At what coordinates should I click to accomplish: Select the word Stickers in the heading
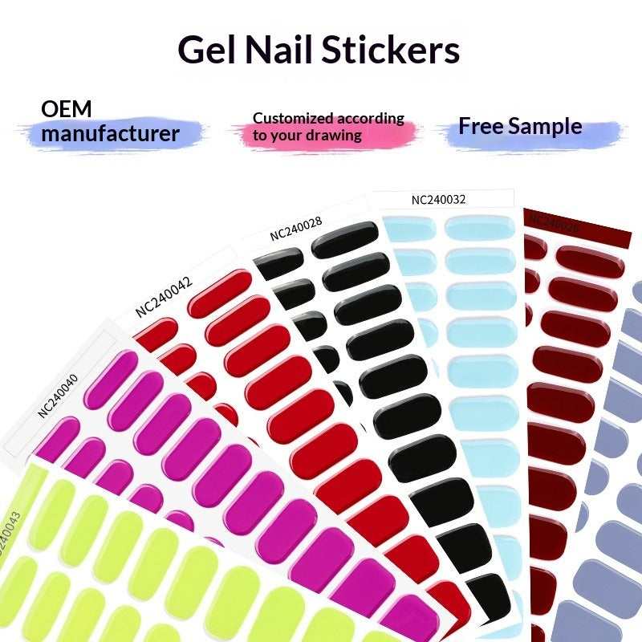pos(391,50)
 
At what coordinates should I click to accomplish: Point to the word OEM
pos(67,109)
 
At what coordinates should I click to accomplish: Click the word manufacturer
pos(110,133)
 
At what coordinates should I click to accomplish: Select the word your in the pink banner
pos(286,135)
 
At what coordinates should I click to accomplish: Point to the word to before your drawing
pos(259,135)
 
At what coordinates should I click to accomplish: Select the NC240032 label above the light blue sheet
pos(438,200)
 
